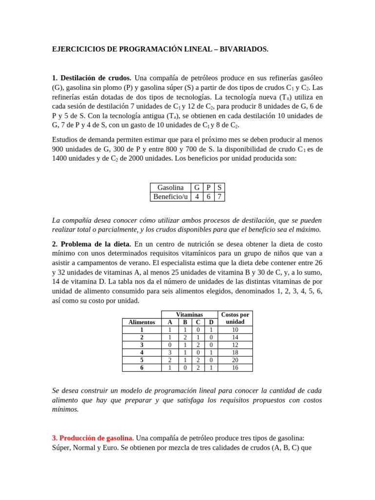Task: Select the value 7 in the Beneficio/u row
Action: coord(219,197)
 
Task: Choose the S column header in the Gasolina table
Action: coord(219,187)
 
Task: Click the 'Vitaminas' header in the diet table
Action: coord(189,315)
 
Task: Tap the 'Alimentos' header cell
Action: coord(142,322)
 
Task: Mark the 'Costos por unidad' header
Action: coord(235,318)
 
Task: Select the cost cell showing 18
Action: coord(235,352)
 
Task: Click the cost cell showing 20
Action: coord(235,360)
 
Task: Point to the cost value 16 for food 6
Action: coord(235,368)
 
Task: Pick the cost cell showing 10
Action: coord(235,330)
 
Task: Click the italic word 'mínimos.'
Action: coord(65,410)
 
